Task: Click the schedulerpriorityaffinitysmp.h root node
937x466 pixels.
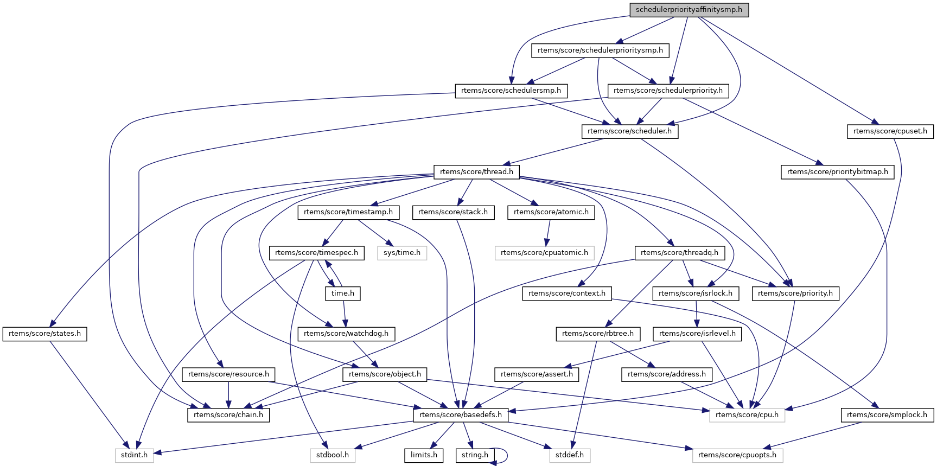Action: pyautogui.click(x=689, y=10)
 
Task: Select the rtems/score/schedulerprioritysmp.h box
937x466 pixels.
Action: pyautogui.click(x=600, y=50)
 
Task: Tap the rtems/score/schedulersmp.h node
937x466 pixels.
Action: pyautogui.click(x=511, y=91)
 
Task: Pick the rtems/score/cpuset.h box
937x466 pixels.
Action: pyautogui.click(x=890, y=131)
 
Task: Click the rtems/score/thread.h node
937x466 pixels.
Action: pyautogui.click(x=476, y=172)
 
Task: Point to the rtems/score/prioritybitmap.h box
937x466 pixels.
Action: pyautogui.click(x=837, y=172)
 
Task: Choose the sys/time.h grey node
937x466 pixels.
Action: pyautogui.click(x=401, y=253)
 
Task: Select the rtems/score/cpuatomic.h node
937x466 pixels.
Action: pyautogui.click(x=544, y=253)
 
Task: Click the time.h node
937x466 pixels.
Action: pyautogui.click(x=342, y=293)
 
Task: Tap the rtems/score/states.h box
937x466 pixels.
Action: pyautogui.click(x=44, y=334)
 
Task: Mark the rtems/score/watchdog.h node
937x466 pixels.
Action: pyautogui.click(x=346, y=334)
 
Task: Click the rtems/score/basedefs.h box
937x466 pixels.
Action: pyautogui.click(x=460, y=415)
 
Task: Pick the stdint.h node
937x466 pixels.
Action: pyautogui.click(x=134, y=455)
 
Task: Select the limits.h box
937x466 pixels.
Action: pyautogui.click(x=424, y=455)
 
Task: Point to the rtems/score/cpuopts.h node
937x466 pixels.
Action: pyautogui.click(x=737, y=455)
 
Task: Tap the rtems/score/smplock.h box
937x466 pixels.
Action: pyautogui.click(x=887, y=415)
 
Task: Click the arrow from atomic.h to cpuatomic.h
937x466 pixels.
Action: pyautogui.click(x=548, y=232)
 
